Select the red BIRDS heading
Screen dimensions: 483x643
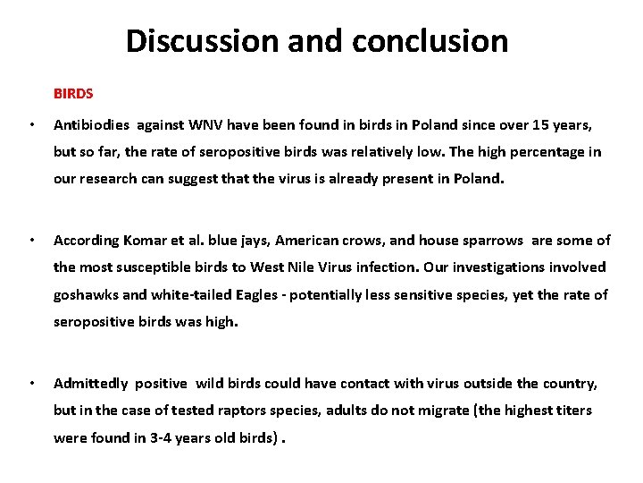point(73,92)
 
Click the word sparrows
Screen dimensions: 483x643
point(488,240)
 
